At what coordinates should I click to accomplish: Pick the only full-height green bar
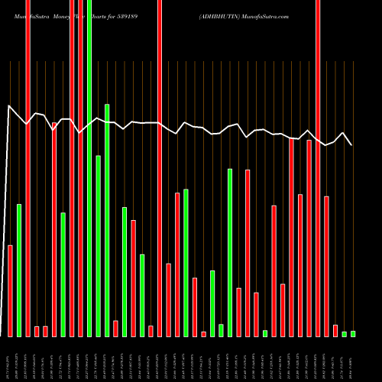tap(89, 168)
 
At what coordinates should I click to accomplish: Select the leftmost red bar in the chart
tap(11, 290)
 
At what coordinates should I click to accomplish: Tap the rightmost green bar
tap(353, 333)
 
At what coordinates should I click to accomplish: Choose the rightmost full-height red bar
tap(318, 168)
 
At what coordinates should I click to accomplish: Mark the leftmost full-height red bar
tap(28, 168)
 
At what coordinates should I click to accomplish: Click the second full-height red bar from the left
tap(72, 168)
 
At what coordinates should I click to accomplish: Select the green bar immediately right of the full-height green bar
tap(99, 245)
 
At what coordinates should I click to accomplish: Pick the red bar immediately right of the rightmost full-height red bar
tap(326, 266)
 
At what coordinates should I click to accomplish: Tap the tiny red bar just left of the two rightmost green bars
tap(335, 330)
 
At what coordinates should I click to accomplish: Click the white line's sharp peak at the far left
tap(9, 106)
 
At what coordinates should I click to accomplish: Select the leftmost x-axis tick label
tap(9, 359)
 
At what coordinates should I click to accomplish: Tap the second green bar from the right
tap(345, 334)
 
